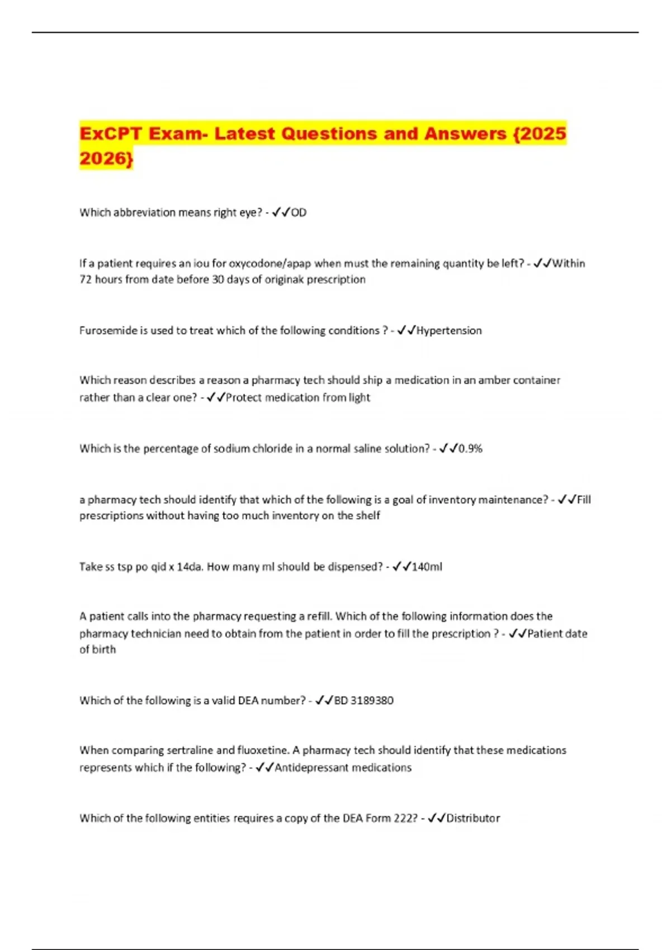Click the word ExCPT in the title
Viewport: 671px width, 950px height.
click(x=110, y=134)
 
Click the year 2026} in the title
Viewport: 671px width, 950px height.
click(x=106, y=159)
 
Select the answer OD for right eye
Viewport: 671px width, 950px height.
click(x=299, y=212)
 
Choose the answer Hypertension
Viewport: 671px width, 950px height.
click(x=449, y=330)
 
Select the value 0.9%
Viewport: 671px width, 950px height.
click(x=470, y=448)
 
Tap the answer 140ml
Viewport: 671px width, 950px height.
click(x=427, y=567)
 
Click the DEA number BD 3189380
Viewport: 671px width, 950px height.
click(x=364, y=700)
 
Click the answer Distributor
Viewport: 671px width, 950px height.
click(x=473, y=818)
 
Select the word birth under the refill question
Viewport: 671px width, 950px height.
click(x=105, y=649)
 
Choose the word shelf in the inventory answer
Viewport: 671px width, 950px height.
click(x=367, y=515)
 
